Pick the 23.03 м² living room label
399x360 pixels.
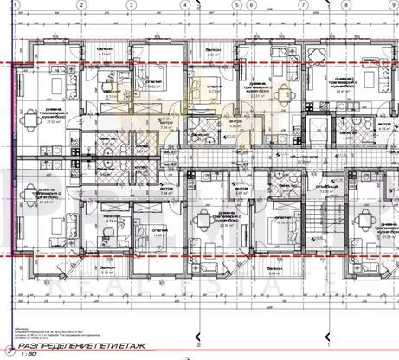[x=258, y=93]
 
